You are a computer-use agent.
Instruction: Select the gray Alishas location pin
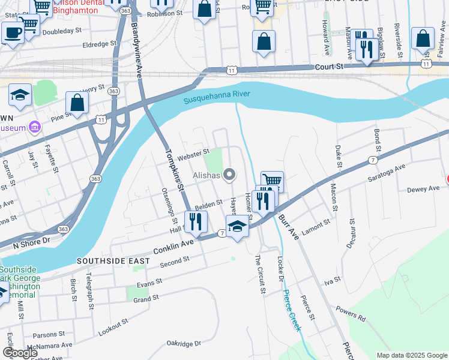click(229, 175)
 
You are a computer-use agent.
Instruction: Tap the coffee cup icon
click(13, 33)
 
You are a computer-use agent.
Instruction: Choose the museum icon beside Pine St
click(34, 128)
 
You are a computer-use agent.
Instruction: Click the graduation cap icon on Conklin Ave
click(237, 227)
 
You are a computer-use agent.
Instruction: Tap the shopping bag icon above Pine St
click(77, 102)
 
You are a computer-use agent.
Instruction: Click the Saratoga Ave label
click(387, 173)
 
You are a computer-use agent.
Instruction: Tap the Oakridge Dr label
click(184, 344)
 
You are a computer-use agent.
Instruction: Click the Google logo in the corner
click(20, 353)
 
